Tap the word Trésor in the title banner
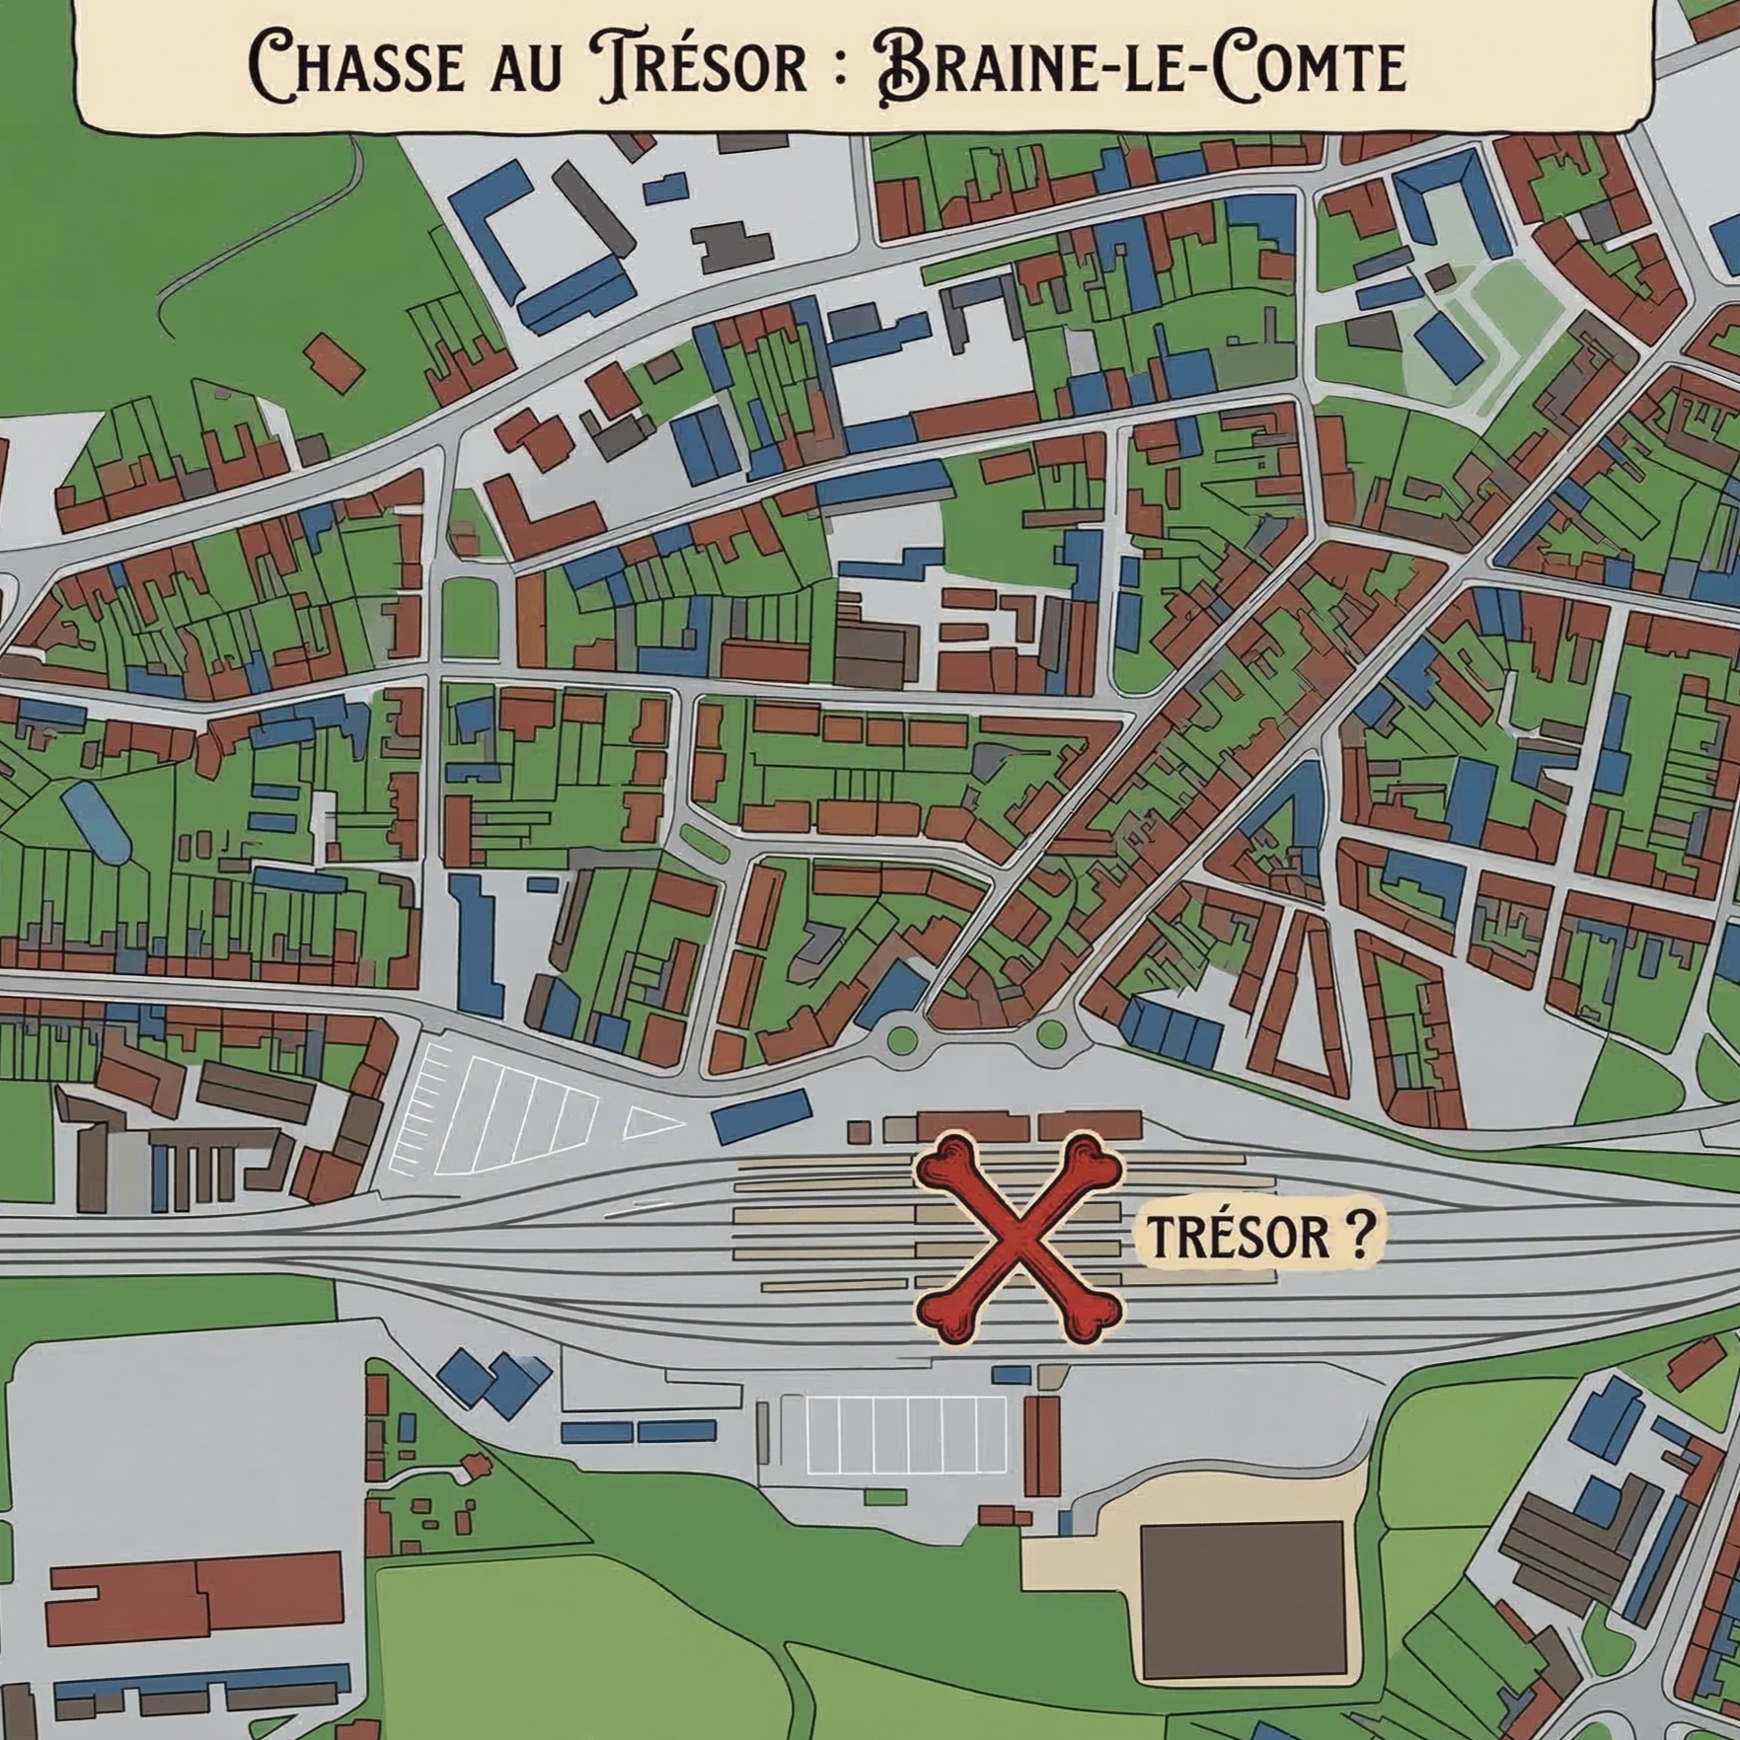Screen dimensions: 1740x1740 [702, 66]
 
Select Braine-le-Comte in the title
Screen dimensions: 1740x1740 [1140, 66]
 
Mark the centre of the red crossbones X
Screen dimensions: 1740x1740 [1019, 1238]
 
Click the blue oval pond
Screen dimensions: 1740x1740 [96, 821]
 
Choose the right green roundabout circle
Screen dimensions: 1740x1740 [1051, 1034]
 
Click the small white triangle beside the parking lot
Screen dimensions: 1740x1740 [650, 1122]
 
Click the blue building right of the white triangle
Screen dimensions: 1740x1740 [761, 1116]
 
